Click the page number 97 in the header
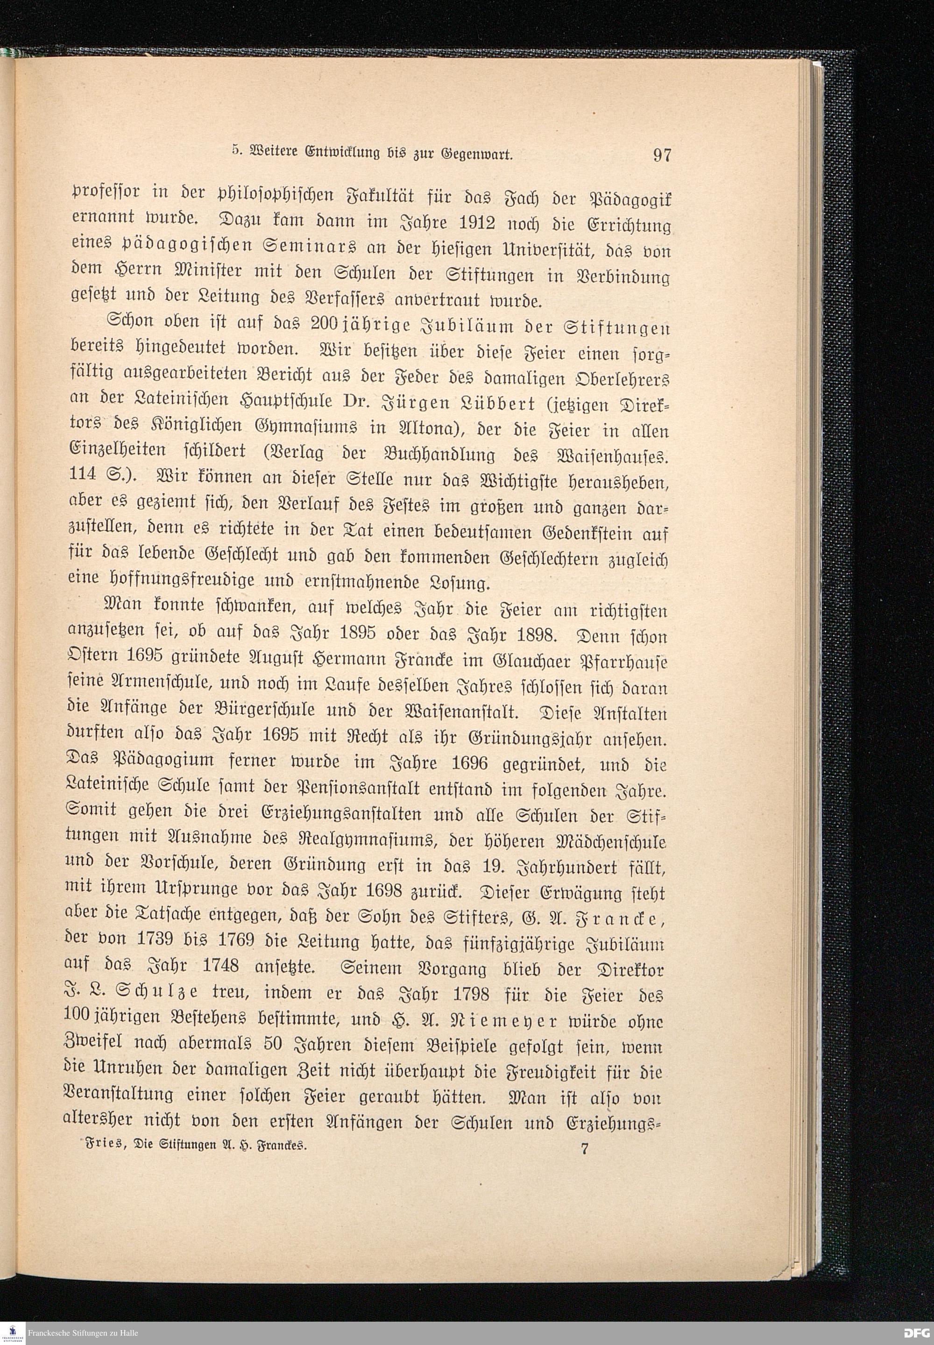(x=661, y=155)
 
